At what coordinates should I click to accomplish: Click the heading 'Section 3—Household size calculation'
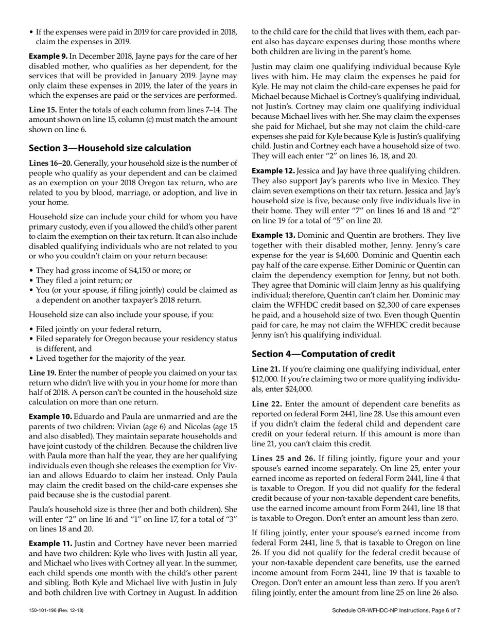point(110,148)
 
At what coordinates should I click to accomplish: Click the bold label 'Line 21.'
point(266,369)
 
